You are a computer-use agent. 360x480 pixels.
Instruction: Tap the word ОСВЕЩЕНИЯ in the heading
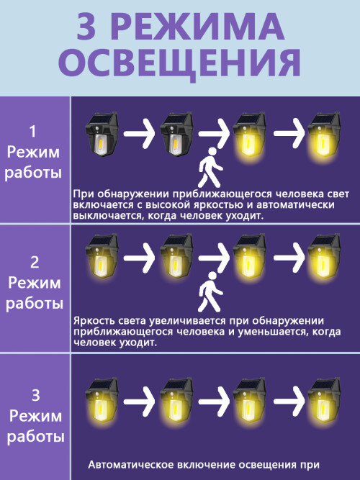pyautogui.click(x=179, y=63)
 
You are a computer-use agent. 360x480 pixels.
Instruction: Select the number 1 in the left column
pyautogui.click(x=33, y=132)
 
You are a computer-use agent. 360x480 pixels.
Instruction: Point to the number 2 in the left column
pyautogui.click(x=35, y=263)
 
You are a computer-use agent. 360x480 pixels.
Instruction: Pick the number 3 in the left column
pyautogui.click(x=35, y=395)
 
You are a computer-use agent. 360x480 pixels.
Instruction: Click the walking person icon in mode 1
pyautogui.click(x=210, y=167)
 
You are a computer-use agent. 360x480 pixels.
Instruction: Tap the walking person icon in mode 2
pyautogui.click(x=210, y=291)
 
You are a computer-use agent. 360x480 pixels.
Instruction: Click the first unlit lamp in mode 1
pyautogui.click(x=102, y=134)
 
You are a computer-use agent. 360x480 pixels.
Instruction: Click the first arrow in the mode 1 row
pyautogui.click(x=140, y=133)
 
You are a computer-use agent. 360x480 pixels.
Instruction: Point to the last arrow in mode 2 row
pyautogui.click(x=289, y=258)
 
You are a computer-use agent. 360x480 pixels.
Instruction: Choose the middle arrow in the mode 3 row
pyautogui.click(x=214, y=402)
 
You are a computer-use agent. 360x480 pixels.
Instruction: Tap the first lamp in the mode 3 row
pyautogui.click(x=101, y=401)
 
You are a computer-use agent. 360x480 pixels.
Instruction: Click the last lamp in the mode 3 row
pyautogui.click(x=324, y=401)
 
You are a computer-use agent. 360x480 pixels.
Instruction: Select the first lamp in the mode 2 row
pyautogui.click(x=101, y=257)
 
